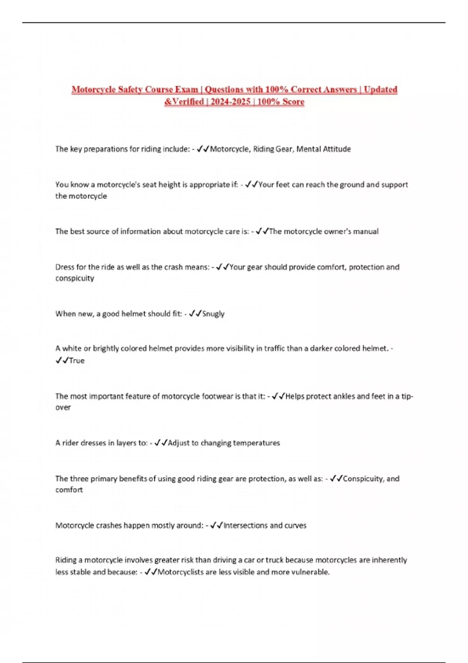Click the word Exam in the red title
[x=186, y=89]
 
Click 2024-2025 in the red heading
[x=230, y=102]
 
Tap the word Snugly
[x=213, y=314]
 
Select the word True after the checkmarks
[x=76, y=361]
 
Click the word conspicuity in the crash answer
[x=74, y=278]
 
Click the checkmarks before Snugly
[x=195, y=314]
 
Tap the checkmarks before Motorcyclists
[x=151, y=572]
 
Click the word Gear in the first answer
[x=284, y=149]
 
